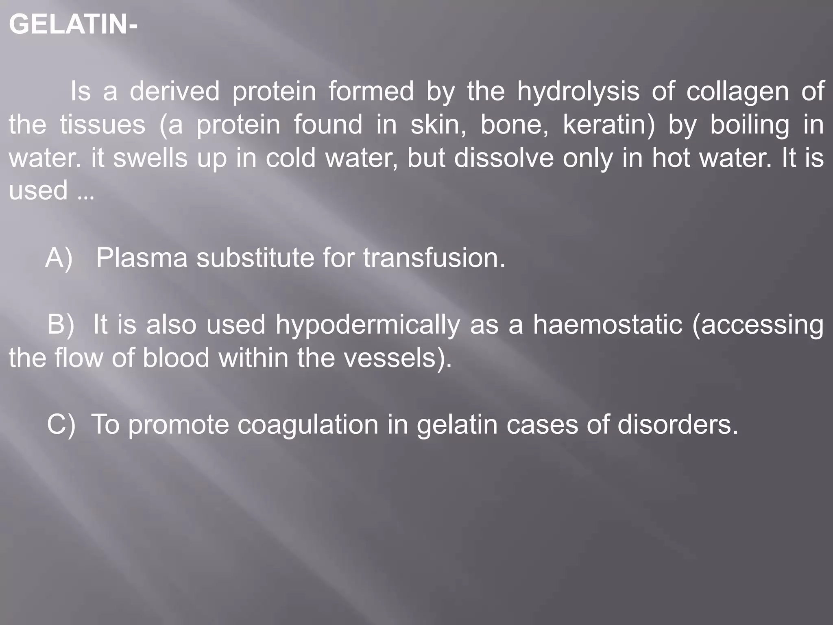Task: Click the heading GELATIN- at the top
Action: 73,24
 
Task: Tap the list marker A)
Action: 59,258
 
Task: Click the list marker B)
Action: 61,324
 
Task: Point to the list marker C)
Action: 61,424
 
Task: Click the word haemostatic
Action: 608,324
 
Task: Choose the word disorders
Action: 677,424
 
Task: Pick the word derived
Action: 174,91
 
